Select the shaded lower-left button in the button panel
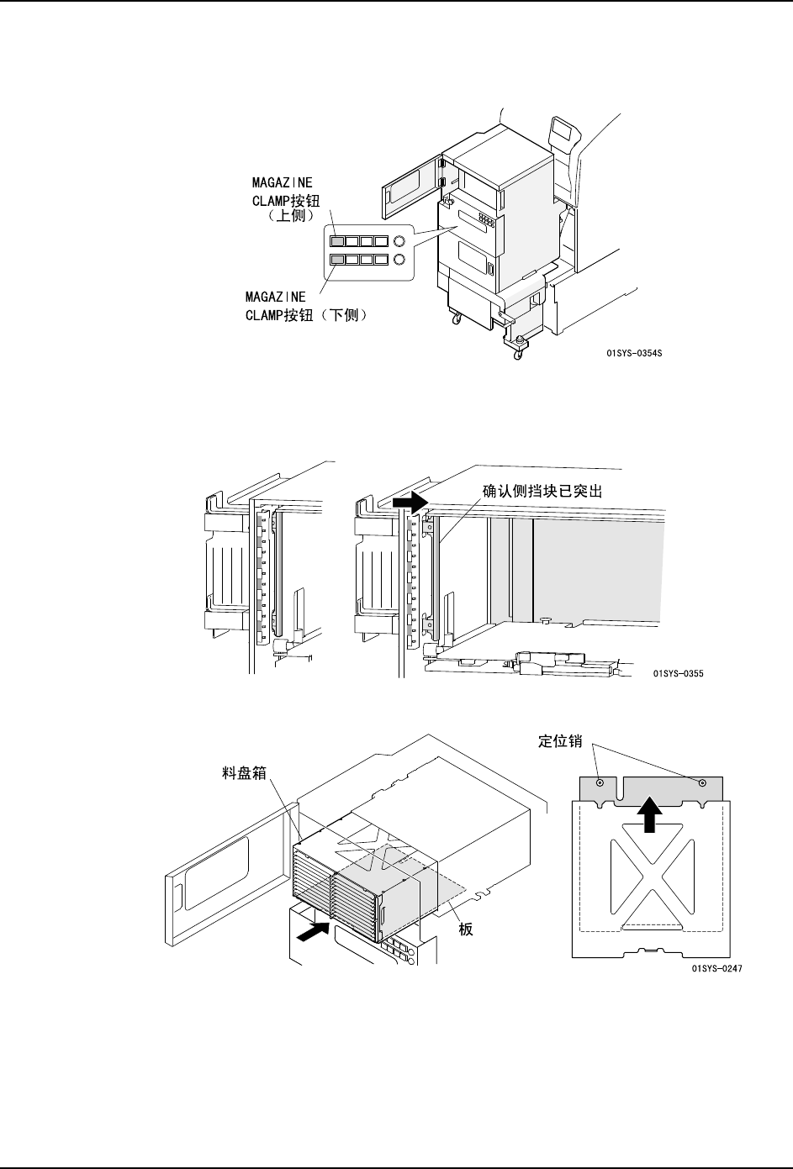[x=336, y=260]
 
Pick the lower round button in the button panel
[x=400, y=260]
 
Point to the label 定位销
[x=560, y=741]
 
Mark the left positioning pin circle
[x=600, y=782]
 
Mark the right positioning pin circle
[x=702, y=782]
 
